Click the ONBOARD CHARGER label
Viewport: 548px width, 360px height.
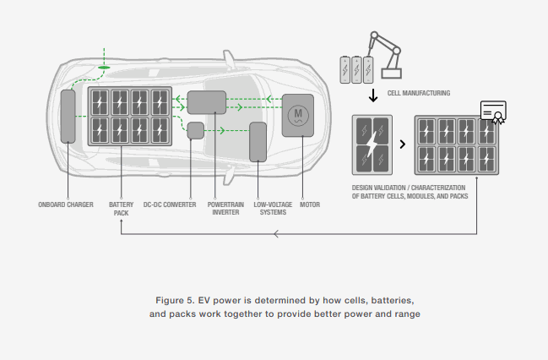coord(65,205)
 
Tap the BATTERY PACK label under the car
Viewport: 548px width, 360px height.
coord(120,208)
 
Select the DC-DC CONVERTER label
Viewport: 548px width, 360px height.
coord(170,205)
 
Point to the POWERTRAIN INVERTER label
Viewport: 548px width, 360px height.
coord(224,208)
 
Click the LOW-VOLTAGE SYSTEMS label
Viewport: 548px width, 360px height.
coord(269,208)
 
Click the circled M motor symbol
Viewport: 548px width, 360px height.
coord(296,115)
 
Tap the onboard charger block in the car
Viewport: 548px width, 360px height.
coord(68,114)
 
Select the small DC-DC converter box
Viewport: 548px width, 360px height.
coord(195,131)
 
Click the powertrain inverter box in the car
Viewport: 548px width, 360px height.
coord(206,102)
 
